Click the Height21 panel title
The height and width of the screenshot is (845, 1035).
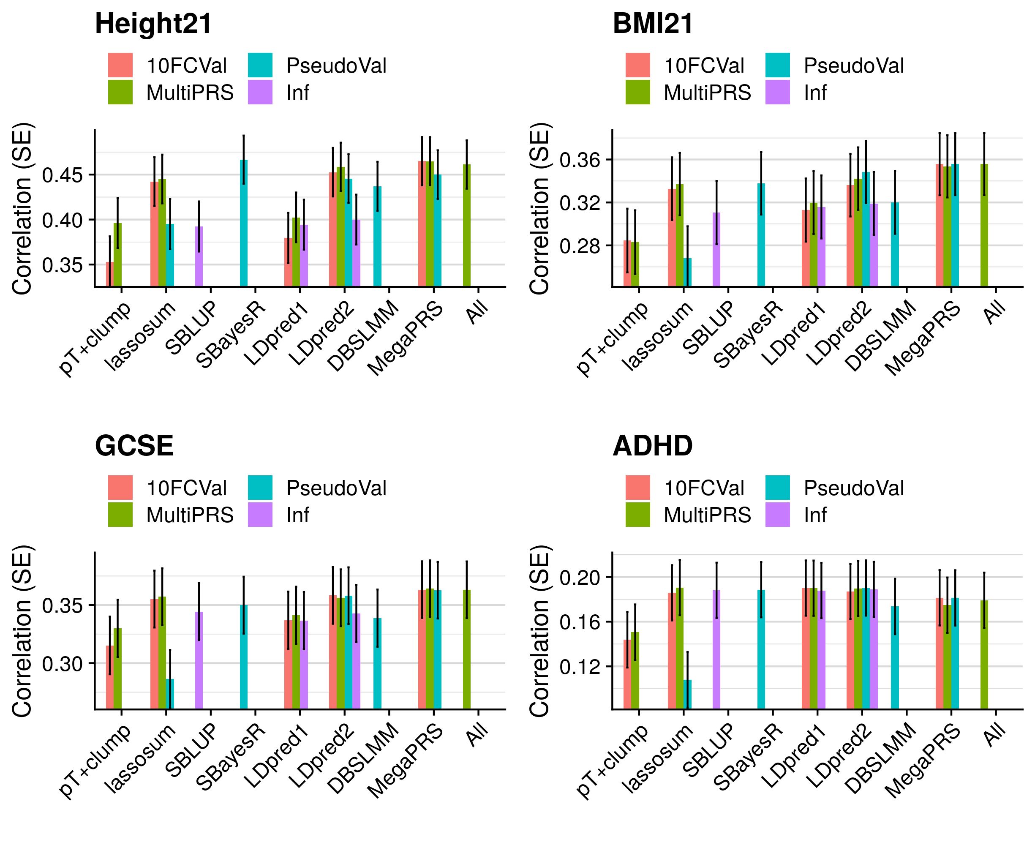pos(153,24)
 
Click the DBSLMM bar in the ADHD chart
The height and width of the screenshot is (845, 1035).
pos(894,657)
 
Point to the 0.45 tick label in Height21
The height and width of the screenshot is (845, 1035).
pos(62,175)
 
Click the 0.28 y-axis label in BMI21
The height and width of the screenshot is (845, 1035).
pos(580,246)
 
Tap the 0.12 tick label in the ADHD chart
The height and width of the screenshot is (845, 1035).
pos(580,667)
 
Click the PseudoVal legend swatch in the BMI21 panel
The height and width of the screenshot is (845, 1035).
pos(777,65)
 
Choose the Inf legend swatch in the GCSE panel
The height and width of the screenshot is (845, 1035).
pos(260,515)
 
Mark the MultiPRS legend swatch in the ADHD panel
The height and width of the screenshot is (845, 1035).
pos(637,515)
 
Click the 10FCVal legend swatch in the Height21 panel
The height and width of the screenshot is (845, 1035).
pos(120,65)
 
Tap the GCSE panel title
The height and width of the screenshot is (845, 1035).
pos(134,446)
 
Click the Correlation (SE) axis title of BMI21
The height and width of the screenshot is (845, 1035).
pos(539,209)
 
